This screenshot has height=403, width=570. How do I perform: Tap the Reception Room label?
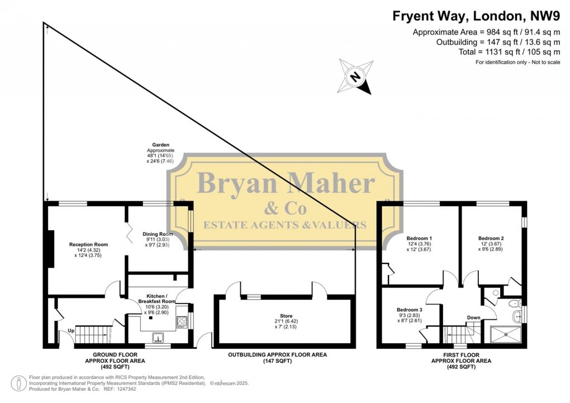pyautogui.click(x=88, y=244)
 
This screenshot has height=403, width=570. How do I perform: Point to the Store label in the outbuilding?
pyautogui.click(x=286, y=316)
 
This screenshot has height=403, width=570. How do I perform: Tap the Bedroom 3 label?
pyautogui.click(x=409, y=310)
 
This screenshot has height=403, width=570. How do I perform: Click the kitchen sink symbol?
pyautogui.click(x=159, y=337)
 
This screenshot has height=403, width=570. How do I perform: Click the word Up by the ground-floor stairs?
pyautogui.click(x=70, y=330)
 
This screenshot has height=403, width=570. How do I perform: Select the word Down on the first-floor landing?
pyautogui.click(x=473, y=318)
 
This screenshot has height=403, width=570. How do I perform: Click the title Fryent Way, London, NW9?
pyautogui.click(x=476, y=16)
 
